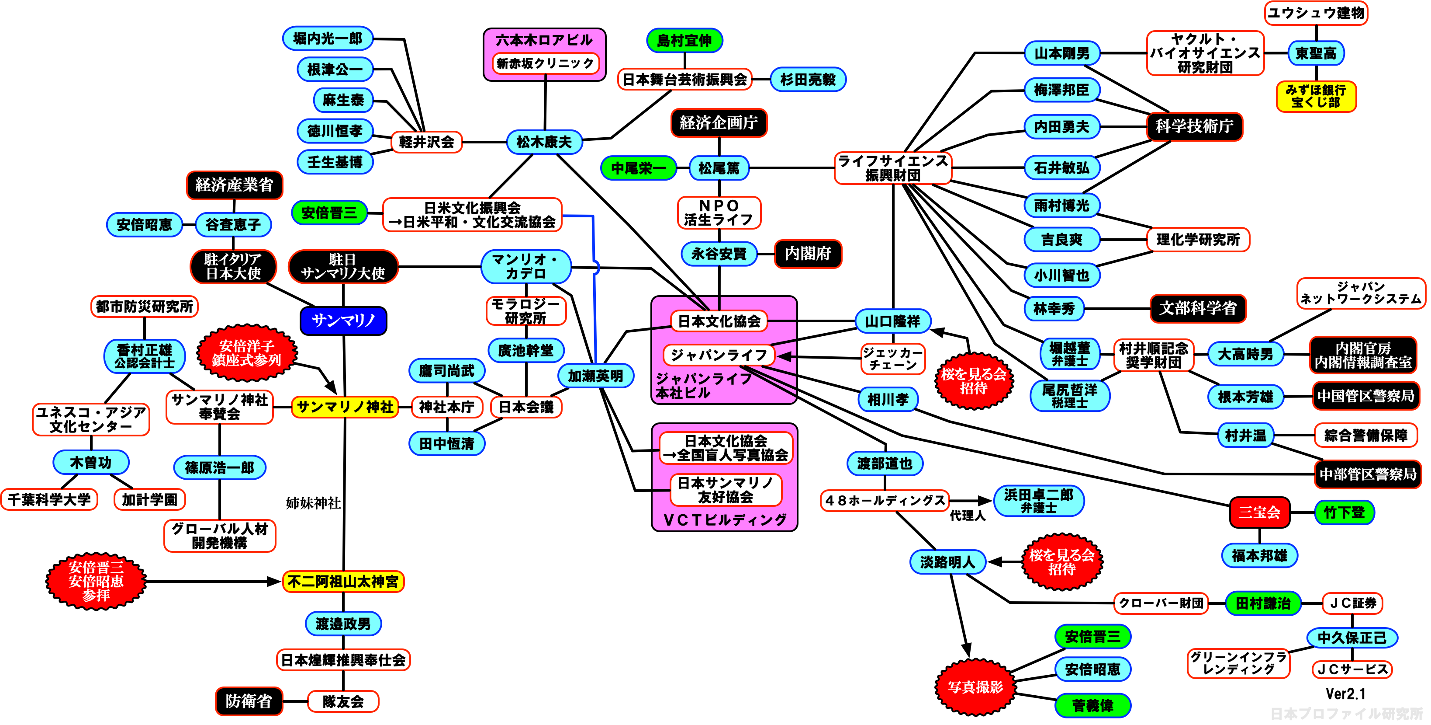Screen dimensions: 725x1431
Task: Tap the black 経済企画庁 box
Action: click(x=719, y=123)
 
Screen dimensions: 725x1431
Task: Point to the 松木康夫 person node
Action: click(x=544, y=142)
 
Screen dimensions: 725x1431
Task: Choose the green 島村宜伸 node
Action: click(x=684, y=41)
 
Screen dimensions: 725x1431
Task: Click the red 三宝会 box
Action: click(x=1259, y=512)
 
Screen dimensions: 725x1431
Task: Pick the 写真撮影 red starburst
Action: click(x=975, y=687)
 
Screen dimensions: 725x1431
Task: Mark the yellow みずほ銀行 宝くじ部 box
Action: click(x=1315, y=96)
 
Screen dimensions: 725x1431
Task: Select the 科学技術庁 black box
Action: click(x=1194, y=126)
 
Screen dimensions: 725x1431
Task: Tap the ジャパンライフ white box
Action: click(x=719, y=355)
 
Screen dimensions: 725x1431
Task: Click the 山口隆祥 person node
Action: click(x=893, y=321)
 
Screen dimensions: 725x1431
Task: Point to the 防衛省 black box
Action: click(x=249, y=701)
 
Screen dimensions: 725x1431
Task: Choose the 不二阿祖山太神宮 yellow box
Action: click(x=343, y=582)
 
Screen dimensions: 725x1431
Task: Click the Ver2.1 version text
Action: click(x=1345, y=694)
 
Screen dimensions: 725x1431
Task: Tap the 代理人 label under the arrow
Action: click(x=967, y=516)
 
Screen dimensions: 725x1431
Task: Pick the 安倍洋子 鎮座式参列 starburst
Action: click(x=247, y=353)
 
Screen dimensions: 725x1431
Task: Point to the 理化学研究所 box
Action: click(x=1198, y=240)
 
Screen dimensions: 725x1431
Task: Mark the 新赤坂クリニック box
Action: click(x=545, y=63)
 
